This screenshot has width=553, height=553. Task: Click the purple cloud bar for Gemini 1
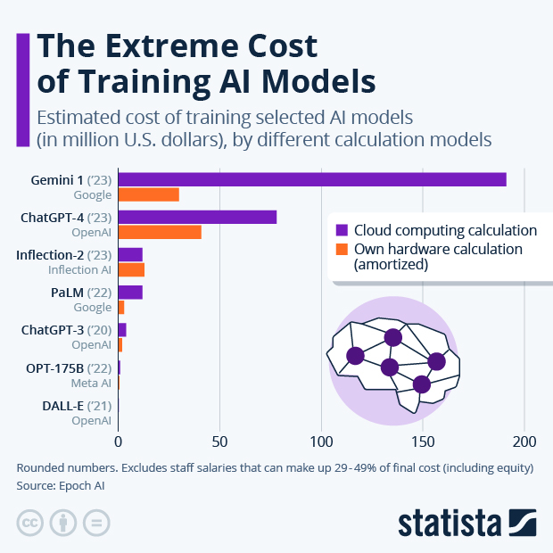[312, 179]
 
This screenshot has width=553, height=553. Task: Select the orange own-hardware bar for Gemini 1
[148, 194]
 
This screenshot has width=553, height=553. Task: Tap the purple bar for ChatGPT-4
[197, 217]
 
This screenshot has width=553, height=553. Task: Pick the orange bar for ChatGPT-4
[160, 232]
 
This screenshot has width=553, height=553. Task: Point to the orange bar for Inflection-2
[131, 269]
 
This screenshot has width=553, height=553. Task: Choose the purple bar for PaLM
[130, 293]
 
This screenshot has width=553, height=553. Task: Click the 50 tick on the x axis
[219, 440]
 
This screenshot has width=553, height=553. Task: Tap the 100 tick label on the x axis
[321, 440]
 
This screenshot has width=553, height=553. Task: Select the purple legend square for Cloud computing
[341, 229]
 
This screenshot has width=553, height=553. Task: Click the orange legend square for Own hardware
[341, 249]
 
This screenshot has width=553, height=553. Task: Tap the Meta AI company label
[91, 383]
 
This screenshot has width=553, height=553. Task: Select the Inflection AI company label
[79, 269]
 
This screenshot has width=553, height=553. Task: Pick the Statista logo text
[451, 523]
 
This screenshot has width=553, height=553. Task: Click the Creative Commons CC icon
[30, 522]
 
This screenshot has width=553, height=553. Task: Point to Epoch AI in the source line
[93, 486]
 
